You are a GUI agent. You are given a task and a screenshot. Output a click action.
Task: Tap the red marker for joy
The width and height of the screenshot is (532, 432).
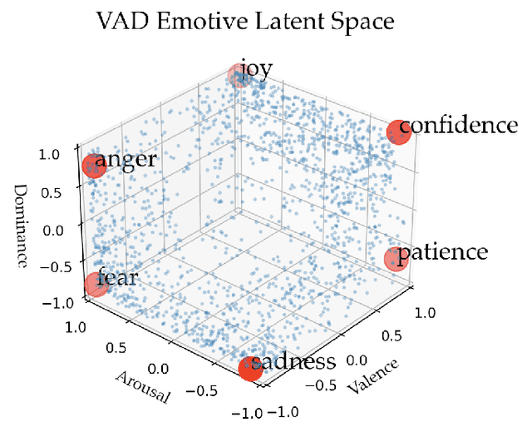click(x=239, y=77)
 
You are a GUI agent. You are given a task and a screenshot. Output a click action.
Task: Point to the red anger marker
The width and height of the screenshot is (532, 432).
click(x=93, y=166)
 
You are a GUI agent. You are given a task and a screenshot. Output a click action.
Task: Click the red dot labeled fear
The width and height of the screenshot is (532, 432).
click(x=97, y=285)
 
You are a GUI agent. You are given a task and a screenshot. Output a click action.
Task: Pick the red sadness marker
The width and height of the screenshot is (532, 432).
click(x=250, y=368)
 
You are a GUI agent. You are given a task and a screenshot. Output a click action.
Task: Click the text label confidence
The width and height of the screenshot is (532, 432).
click(x=460, y=126)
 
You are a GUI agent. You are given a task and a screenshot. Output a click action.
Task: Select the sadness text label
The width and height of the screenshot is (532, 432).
click(x=293, y=362)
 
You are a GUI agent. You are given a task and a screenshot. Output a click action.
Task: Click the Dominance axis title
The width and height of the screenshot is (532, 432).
click(x=23, y=224)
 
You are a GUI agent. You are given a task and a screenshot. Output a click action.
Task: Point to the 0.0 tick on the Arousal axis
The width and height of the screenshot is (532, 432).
click(x=157, y=367)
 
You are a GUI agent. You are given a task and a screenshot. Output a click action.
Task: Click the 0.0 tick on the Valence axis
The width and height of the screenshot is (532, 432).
click(x=358, y=360)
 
